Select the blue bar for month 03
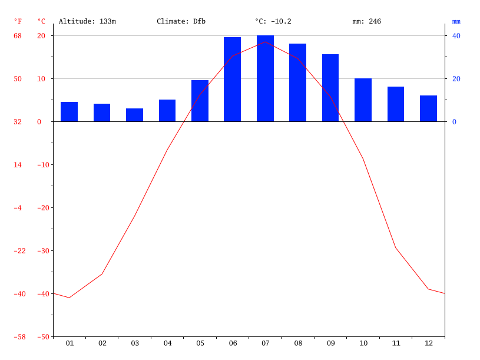coord(134,115)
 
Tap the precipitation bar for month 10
coord(363,100)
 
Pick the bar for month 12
coord(428,108)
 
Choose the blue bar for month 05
coord(200,101)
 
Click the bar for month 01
coord(69,112)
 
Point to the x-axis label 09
coord(330,343)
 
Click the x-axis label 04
coord(167,343)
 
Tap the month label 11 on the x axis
coord(396,343)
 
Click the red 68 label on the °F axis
coord(18,36)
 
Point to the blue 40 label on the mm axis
coord(456,36)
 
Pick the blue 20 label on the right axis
coord(456,79)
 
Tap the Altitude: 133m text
coord(87,22)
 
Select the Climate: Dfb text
coord(181,22)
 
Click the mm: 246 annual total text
coord(366,22)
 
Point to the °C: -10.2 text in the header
coord(273,22)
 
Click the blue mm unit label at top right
coord(456,22)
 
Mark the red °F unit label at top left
coord(18,22)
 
